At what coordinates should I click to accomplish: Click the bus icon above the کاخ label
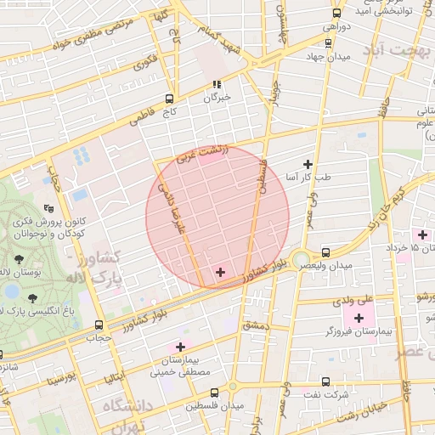pyautogui.click(x=169, y=99)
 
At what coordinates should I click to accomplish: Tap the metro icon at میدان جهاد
pyautogui.click(x=328, y=42)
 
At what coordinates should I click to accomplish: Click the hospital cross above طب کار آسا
pyautogui.click(x=308, y=163)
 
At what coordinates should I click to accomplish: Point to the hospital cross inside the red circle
pyautogui.click(x=221, y=272)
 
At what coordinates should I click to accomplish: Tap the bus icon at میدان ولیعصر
pyautogui.click(x=326, y=252)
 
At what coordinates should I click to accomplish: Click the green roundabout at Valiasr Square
pyautogui.click(x=300, y=259)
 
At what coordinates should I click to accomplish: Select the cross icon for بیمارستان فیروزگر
pyautogui.click(x=359, y=318)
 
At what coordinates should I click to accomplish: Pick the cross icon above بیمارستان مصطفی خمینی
pyautogui.click(x=179, y=346)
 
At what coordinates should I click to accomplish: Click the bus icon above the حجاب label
pyautogui.click(x=99, y=325)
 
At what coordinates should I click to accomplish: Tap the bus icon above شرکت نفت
pyautogui.click(x=326, y=381)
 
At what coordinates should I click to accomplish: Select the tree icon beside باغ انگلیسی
pyautogui.click(x=32, y=297)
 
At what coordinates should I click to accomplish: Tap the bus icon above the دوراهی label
pyautogui.click(x=336, y=13)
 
